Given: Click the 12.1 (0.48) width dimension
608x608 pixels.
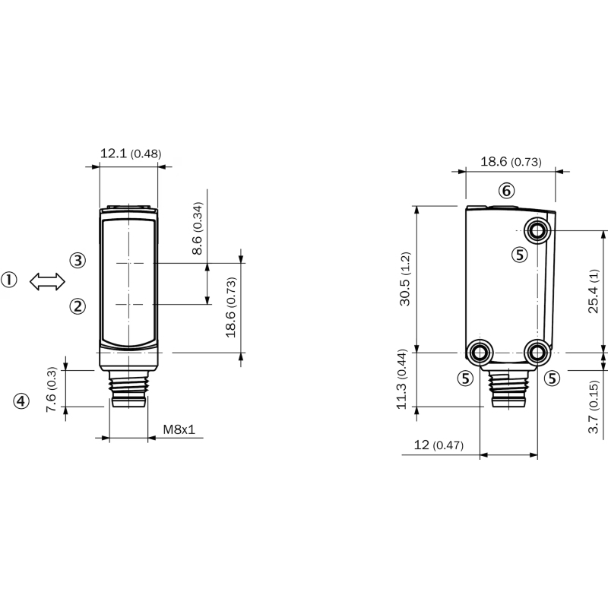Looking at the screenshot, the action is (131, 154).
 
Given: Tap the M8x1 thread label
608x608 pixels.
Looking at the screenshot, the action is (179, 429).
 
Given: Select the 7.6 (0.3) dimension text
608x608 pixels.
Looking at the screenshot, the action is (52, 389).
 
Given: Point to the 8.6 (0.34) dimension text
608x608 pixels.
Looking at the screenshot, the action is (198, 228).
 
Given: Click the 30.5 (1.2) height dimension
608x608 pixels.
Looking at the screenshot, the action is (405, 279).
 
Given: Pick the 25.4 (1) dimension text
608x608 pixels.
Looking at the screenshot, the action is (594, 291).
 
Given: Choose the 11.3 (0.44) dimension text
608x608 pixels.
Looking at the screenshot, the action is (401, 378).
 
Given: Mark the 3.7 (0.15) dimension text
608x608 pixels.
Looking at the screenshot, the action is (594, 407).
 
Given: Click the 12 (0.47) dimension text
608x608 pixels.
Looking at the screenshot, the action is (439, 445).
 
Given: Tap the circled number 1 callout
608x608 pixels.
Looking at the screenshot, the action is (9, 280).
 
